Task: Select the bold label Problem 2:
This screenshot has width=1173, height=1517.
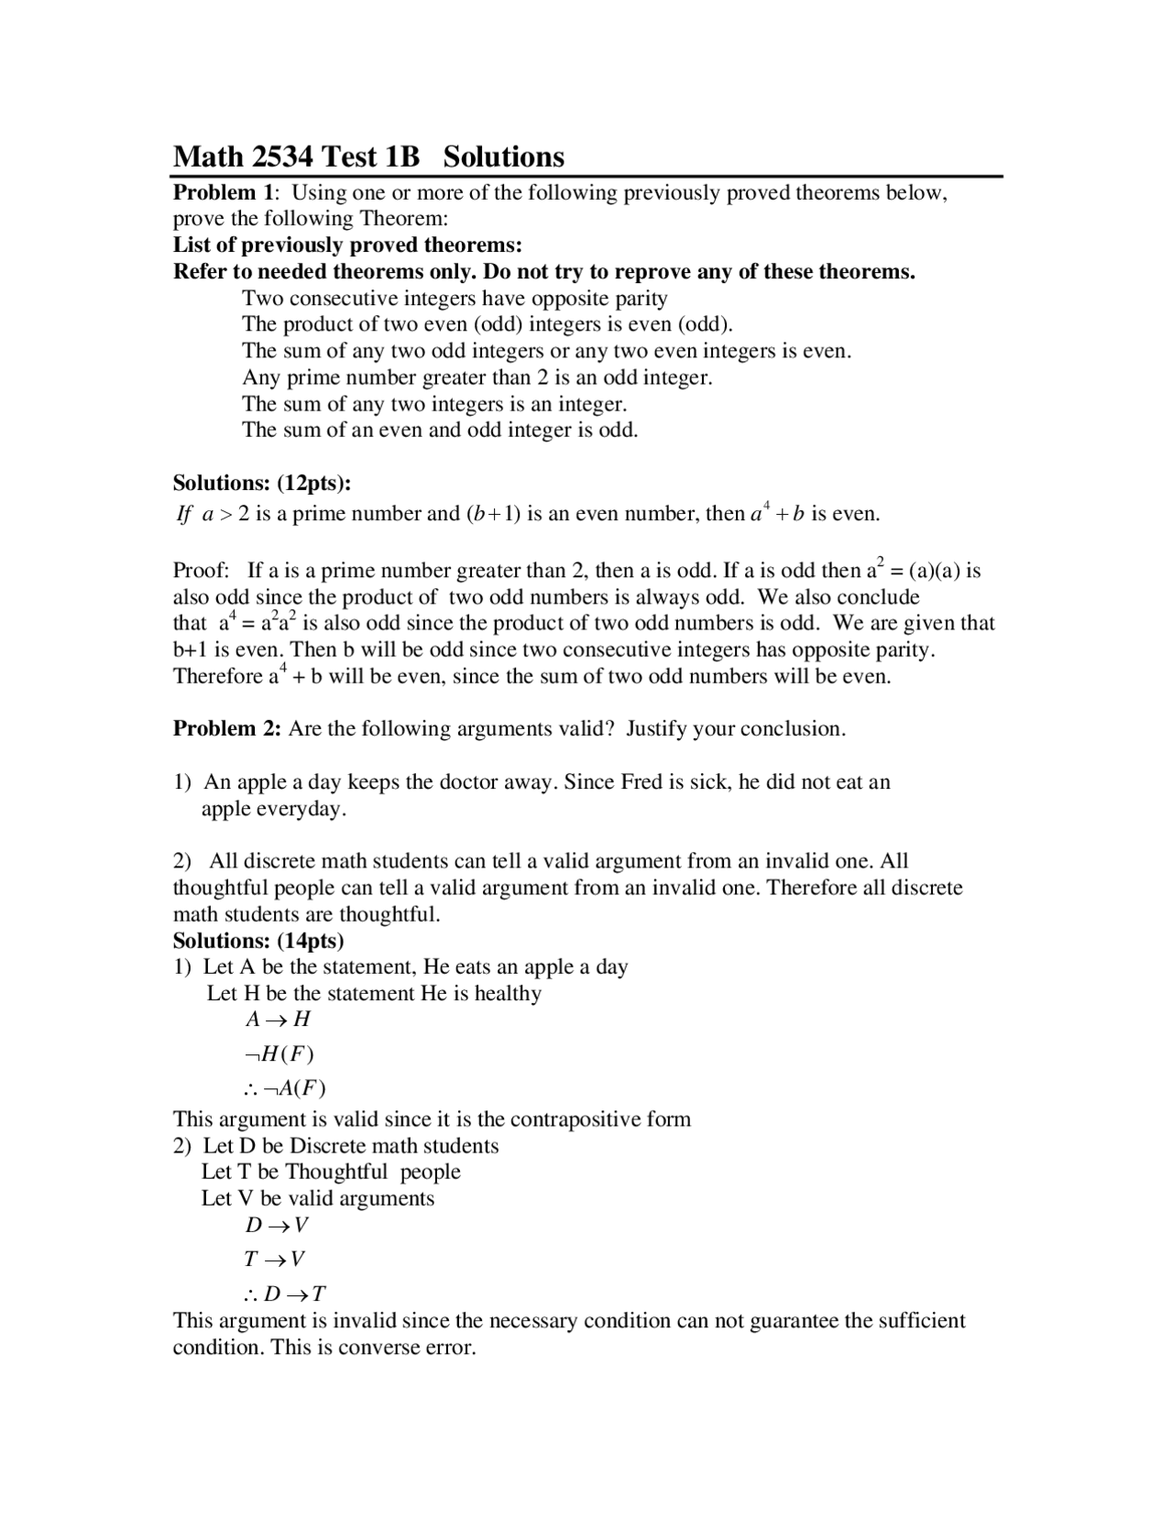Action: [227, 729]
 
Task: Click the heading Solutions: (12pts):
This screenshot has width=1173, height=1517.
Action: [262, 483]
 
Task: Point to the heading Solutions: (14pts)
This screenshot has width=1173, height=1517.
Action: [258, 941]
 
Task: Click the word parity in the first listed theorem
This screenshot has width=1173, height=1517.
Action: [640, 299]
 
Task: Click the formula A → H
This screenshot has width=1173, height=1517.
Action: [278, 1020]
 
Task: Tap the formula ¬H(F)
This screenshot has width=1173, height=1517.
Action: [280, 1054]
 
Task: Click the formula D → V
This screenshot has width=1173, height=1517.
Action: [276, 1225]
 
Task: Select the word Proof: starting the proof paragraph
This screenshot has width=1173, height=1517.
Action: [201, 572]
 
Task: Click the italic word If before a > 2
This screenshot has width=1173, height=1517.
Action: [183, 515]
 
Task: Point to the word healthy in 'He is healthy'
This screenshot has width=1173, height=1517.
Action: [508, 994]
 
